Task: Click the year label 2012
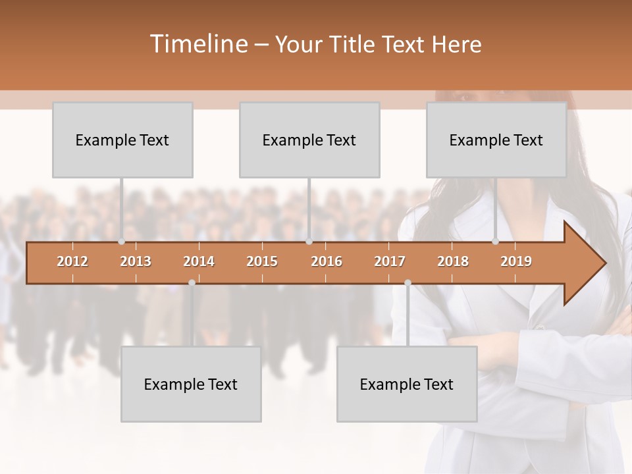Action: tap(72, 261)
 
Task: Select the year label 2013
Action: tap(136, 261)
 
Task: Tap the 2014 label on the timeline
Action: tap(199, 261)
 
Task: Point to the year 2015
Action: tap(262, 261)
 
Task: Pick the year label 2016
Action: tap(327, 261)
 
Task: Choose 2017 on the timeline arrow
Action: tap(390, 261)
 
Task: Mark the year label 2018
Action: tap(453, 261)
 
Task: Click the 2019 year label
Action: tap(516, 261)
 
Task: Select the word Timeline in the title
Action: tap(198, 44)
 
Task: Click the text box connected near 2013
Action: tap(122, 140)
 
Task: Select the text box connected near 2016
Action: tap(309, 140)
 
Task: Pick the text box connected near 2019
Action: tap(496, 140)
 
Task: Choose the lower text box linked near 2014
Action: tap(191, 384)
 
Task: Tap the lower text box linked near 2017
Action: tap(407, 384)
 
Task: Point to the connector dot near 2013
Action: tap(122, 242)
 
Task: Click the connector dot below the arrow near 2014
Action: tap(192, 282)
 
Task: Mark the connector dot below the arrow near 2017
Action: tap(408, 282)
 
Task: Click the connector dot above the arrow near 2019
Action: tap(496, 242)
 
